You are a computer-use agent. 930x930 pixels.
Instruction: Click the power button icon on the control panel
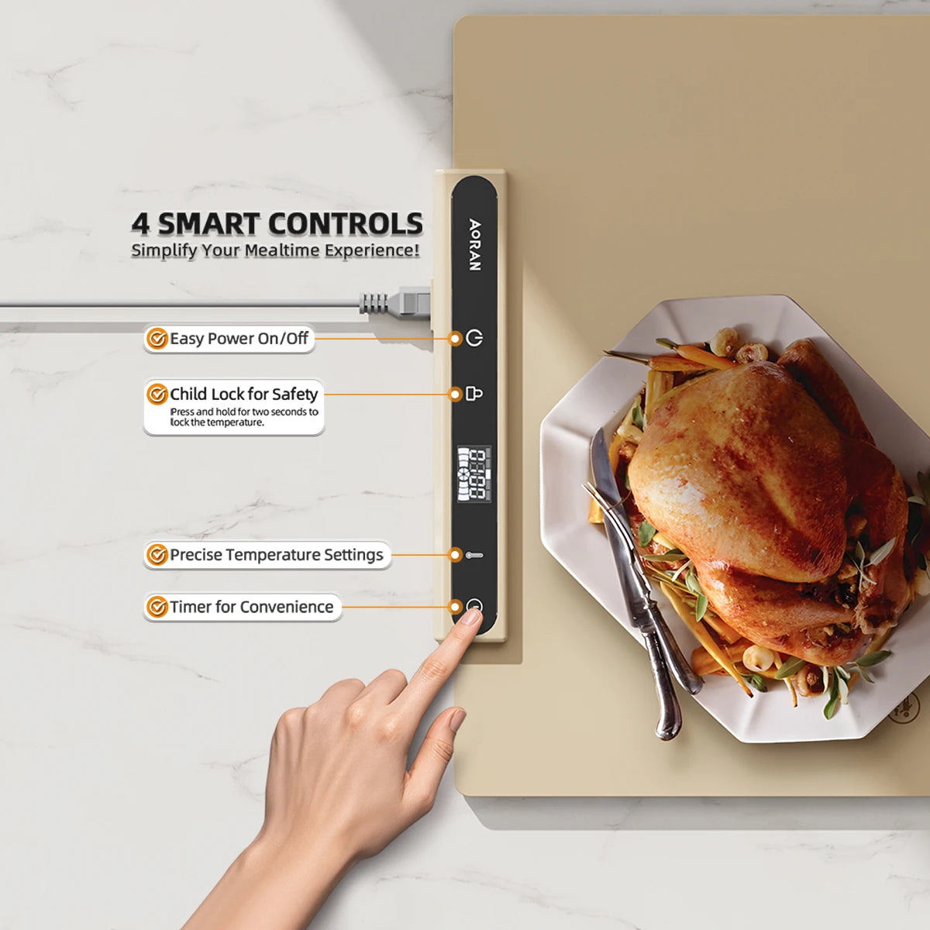[474, 338]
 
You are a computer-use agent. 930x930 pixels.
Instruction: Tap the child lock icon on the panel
[474, 394]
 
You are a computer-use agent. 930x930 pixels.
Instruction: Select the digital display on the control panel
[474, 474]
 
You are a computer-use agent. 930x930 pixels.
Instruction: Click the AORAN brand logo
[474, 245]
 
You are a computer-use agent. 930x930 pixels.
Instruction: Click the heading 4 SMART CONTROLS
[277, 224]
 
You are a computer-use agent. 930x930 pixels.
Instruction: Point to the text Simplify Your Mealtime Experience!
[275, 250]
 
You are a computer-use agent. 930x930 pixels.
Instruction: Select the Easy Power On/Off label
[239, 339]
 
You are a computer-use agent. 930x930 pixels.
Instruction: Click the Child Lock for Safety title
[243, 394]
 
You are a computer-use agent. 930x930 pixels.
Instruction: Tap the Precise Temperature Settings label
[276, 555]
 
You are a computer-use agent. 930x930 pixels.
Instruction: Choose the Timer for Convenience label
[251, 607]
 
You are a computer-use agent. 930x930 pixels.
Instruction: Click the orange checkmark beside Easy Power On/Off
[157, 339]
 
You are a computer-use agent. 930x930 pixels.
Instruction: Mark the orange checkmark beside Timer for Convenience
[157, 607]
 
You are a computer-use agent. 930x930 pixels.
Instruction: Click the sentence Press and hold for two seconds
[243, 417]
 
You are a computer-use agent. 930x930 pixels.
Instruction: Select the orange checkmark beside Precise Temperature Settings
[157, 555]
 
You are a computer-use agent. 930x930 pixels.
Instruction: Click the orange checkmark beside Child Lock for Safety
[157, 394]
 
